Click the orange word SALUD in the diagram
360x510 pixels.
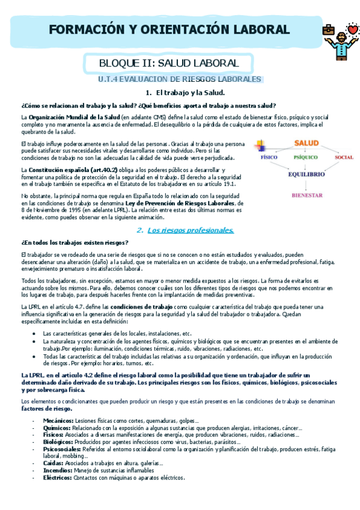coord(306,143)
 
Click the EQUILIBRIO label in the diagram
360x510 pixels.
coord(307,174)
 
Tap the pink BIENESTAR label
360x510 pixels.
coord(307,195)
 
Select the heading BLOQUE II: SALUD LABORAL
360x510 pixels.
coord(169,63)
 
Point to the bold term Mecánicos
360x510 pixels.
coord(58,420)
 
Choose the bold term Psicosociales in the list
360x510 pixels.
coord(63,449)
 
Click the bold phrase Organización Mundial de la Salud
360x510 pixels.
coord(74,117)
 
